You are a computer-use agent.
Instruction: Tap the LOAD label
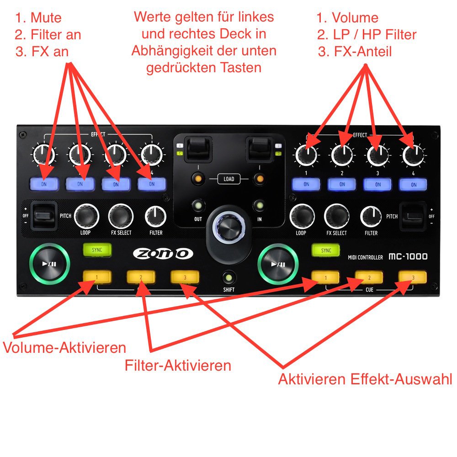228,179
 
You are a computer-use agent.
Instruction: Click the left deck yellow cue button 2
141,277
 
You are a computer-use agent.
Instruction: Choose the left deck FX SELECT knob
121,215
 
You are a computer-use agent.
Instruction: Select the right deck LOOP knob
302,216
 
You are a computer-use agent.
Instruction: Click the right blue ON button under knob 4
413,184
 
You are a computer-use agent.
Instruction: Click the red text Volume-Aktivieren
64,347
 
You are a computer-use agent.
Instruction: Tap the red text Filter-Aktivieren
178,365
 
